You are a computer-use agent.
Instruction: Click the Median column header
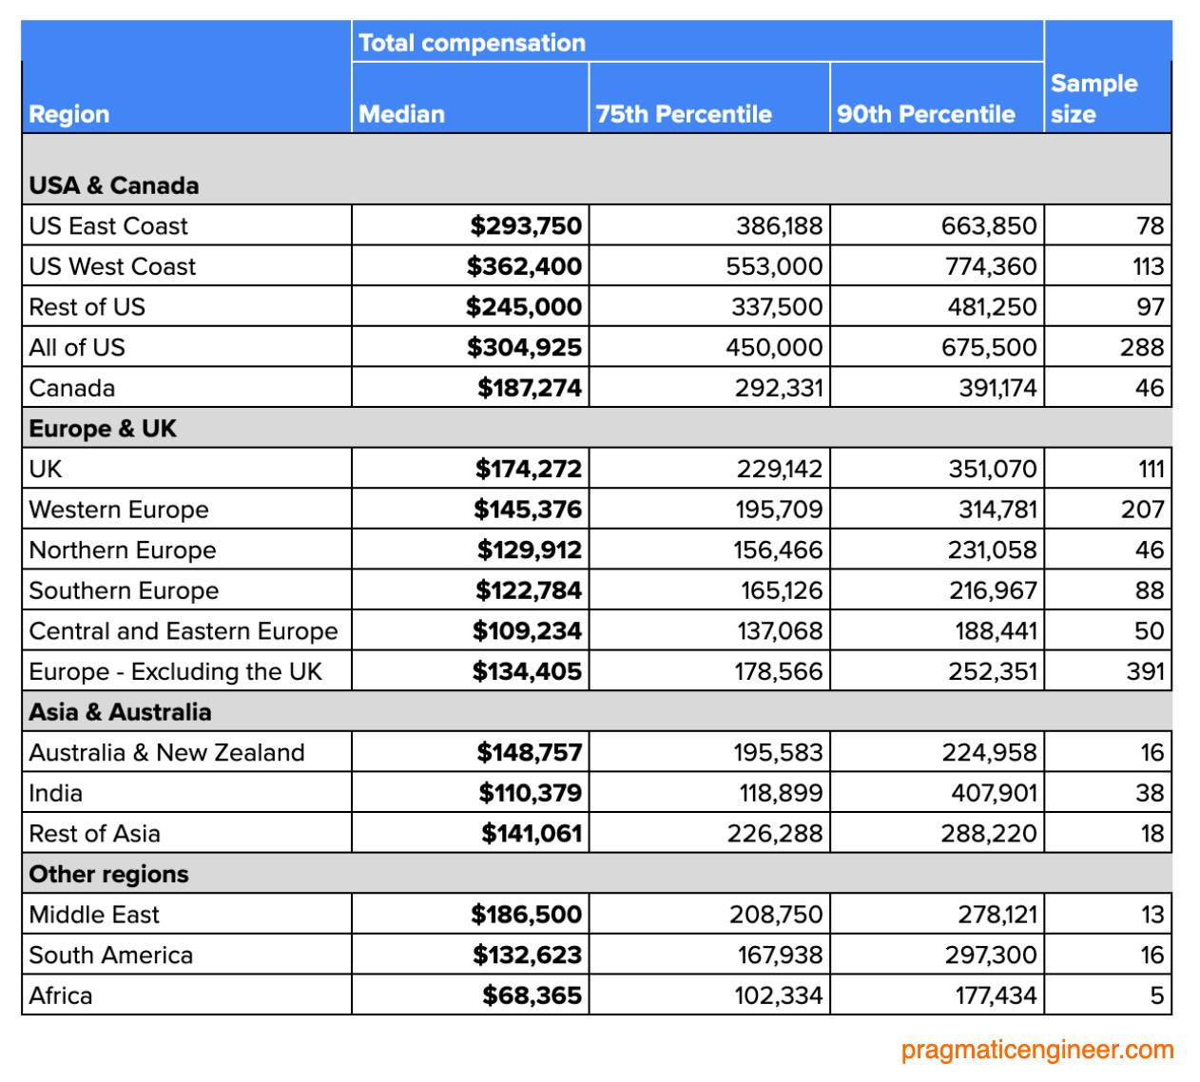(401, 114)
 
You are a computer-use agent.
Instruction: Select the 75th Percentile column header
(683, 114)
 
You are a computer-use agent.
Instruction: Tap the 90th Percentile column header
(925, 114)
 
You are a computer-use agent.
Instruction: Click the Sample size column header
(1094, 99)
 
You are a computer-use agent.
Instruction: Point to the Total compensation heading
(472, 43)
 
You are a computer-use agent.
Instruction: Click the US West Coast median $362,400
(524, 266)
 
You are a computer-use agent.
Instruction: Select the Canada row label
(72, 388)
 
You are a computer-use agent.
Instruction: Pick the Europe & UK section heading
(103, 429)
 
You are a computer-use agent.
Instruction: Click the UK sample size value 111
(1151, 469)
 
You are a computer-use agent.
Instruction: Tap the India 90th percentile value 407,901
(994, 793)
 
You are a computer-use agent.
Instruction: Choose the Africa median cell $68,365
(532, 995)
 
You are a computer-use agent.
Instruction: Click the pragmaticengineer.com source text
(1037, 1050)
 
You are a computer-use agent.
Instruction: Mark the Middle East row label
(94, 915)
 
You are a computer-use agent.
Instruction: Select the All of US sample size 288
(1141, 347)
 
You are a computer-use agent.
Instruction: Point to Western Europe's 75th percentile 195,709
(779, 510)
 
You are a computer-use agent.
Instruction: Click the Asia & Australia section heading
(120, 712)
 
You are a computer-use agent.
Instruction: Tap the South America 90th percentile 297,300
(991, 955)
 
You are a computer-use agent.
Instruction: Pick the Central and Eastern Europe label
(184, 631)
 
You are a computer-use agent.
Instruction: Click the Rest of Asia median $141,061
(532, 834)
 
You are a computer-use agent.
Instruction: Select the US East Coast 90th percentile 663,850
(989, 226)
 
